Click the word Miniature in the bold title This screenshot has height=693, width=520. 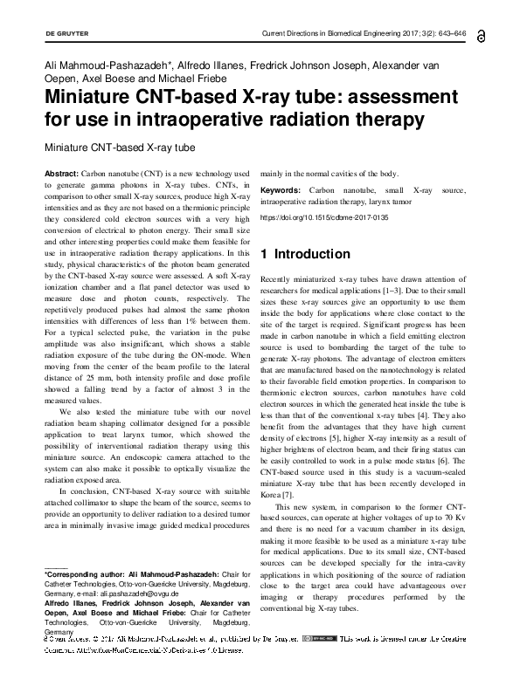point(87,97)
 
